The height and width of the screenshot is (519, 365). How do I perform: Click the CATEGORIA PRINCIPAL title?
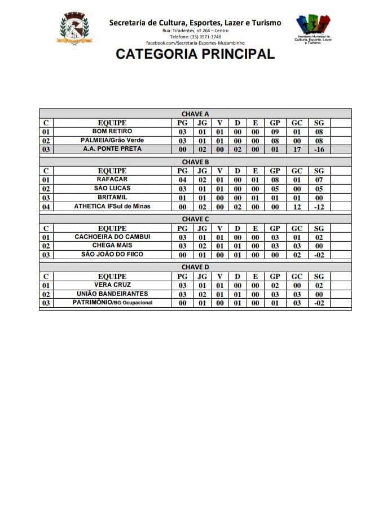click(x=195, y=54)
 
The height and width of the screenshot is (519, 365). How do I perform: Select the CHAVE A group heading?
click(x=195, y=114)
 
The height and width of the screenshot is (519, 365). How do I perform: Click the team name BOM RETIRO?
click(x=112, y=132)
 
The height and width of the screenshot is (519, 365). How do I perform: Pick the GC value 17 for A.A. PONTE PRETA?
click(x=297, y=150)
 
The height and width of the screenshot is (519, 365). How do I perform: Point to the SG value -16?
click(x=319, y=150)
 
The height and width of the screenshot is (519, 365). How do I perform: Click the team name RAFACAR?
click(x=112, y=180)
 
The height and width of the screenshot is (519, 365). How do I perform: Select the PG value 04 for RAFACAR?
click(x=182, y=180)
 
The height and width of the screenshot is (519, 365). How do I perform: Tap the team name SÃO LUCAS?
click(x=112, y=189)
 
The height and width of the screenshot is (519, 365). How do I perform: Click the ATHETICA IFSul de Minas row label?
click(x=112, y=207)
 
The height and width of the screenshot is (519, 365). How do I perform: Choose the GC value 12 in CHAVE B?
click(x=297, y=207)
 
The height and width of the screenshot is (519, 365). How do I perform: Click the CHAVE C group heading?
click(x=195, y=219)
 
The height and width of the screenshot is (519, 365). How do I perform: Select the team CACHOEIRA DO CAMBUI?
click(x=112, y=237)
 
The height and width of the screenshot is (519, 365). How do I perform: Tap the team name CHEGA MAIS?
click(x=112, y=246)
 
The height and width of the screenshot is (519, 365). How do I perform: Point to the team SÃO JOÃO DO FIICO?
click(x=112, y=255)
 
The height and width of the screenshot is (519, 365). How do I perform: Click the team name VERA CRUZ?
click(x=112, y=285)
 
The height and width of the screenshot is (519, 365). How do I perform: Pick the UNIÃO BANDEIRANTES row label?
click(x=112, y=294)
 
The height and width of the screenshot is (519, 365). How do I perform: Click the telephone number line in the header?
click(x=195, y=37)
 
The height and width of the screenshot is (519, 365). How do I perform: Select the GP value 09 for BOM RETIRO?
click(x=275, y=132)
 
